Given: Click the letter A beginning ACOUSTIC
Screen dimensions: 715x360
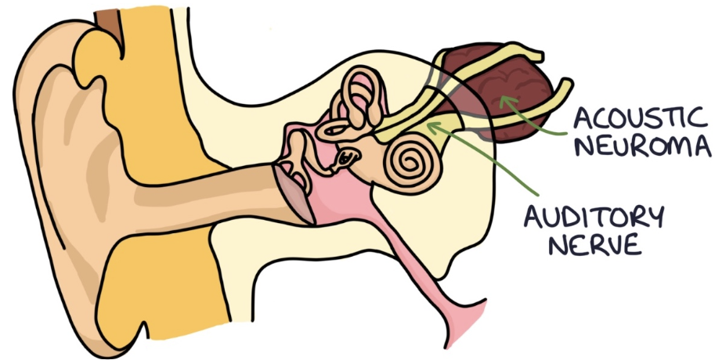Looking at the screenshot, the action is pos(584,120).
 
